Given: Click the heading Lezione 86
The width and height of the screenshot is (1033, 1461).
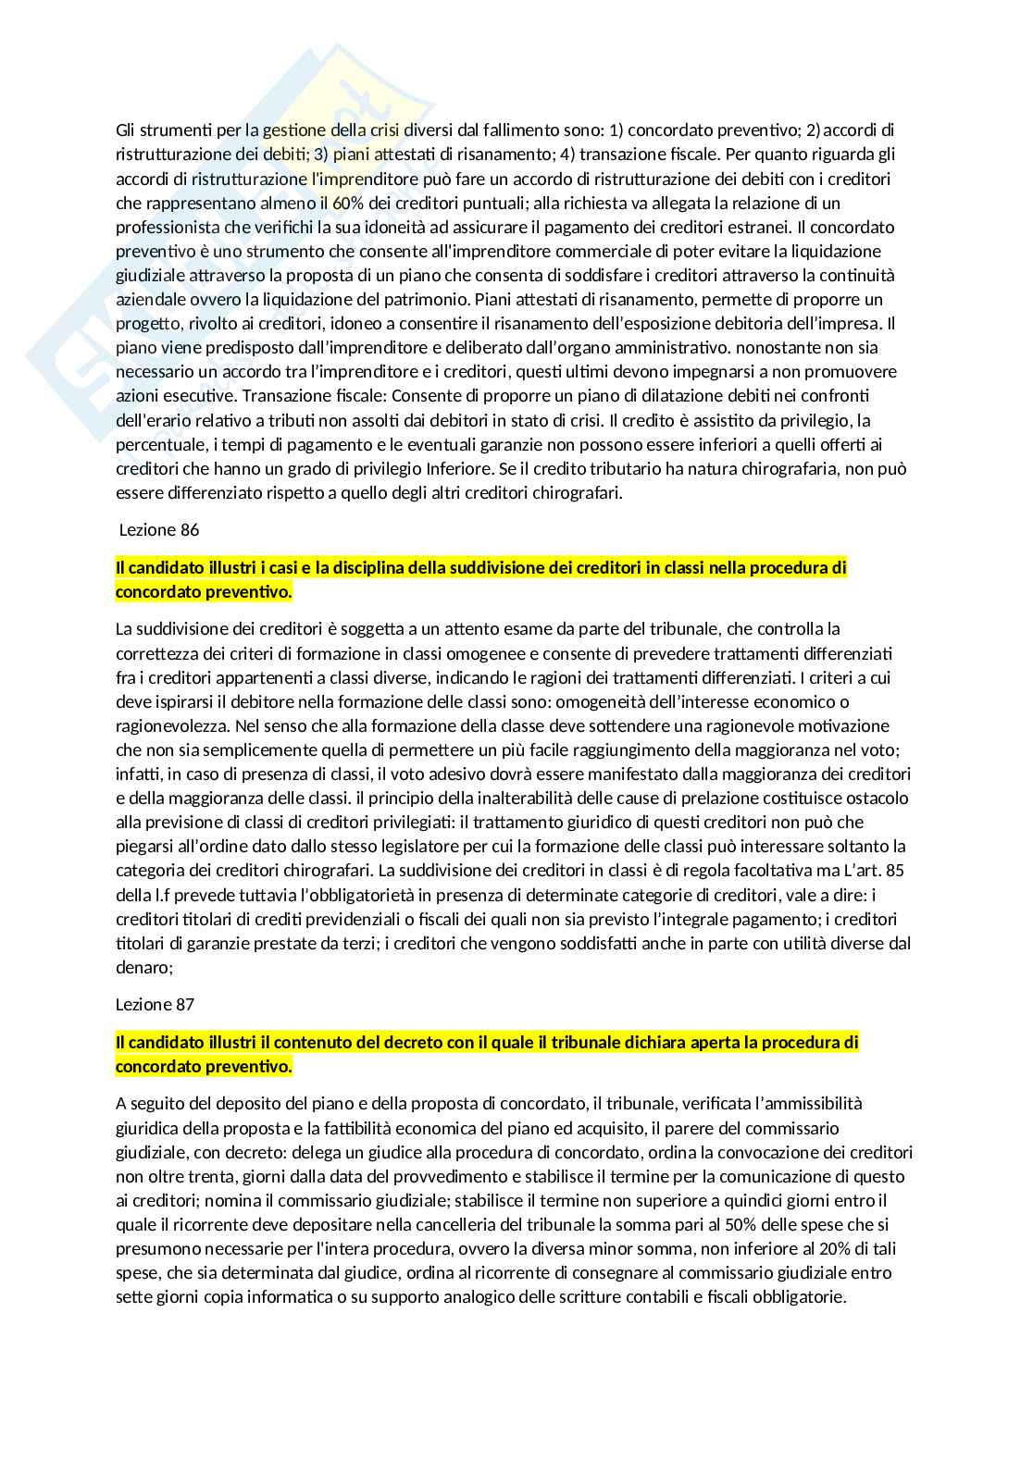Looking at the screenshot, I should (159, 530).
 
